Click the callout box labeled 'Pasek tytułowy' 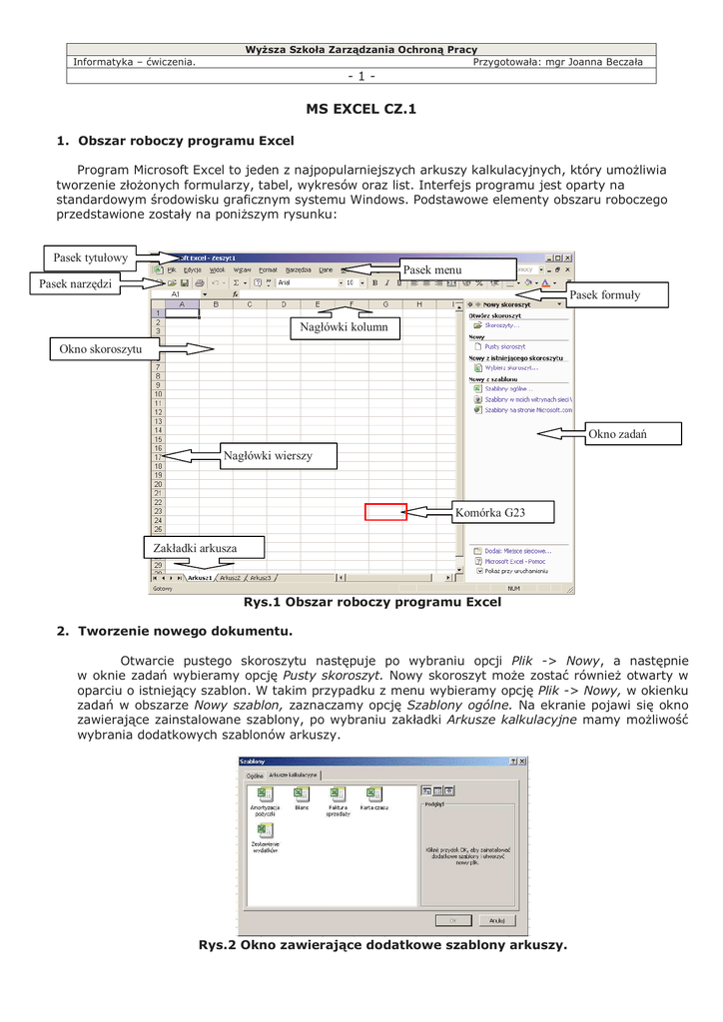click(x=91, y=258)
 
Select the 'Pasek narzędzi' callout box click(x=76, y=285)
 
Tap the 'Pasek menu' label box click(x=431, y=269)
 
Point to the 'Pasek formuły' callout click(x=604, y=295)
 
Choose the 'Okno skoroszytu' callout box click(x=100, y=349)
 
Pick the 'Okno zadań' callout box click(x=617, y=433)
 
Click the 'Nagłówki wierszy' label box click(x=268, y=456)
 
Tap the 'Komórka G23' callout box click(x=489, y=513)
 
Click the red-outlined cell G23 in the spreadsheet click(x=385, y=512)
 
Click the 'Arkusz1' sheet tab click(x=200, y=578)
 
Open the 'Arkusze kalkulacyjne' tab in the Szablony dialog click(x=293, y=774)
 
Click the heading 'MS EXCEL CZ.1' click(x=361, y=109)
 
